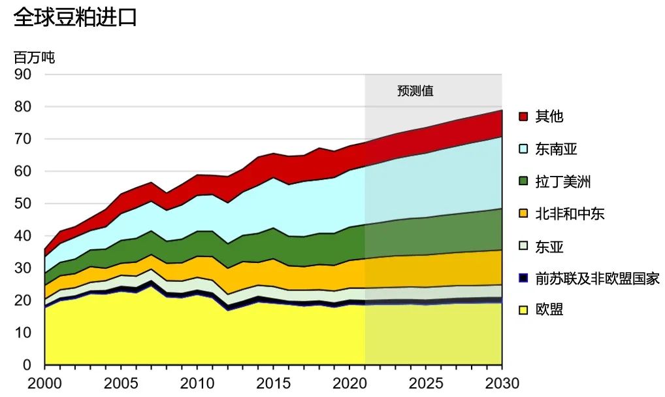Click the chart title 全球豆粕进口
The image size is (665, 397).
[75, 18]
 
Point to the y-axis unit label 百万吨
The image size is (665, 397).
[34, 57]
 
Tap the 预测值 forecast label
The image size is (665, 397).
[415, 91]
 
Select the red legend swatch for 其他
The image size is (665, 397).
[523, 116]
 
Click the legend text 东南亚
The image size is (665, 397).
[556, 149]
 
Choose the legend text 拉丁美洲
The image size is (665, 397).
[563, 181]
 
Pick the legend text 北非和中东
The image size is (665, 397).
[570, 214]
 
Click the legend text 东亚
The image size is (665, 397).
[549, 247]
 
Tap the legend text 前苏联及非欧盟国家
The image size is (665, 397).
[597, 279]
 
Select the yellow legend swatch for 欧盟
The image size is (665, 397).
[523, 310]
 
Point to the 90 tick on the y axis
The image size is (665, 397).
[22, 75]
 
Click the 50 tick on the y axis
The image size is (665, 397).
[22, 203]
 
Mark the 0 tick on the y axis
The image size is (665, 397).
[27, 365]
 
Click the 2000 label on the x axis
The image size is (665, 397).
[44, 383]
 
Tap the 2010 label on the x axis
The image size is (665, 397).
[197, 383]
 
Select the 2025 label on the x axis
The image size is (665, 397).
[426, 383]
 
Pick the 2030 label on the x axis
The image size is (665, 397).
[502, 383]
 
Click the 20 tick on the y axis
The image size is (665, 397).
[22, 300]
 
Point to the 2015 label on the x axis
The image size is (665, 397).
[273, 383]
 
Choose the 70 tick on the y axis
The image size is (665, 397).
[22, 139]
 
